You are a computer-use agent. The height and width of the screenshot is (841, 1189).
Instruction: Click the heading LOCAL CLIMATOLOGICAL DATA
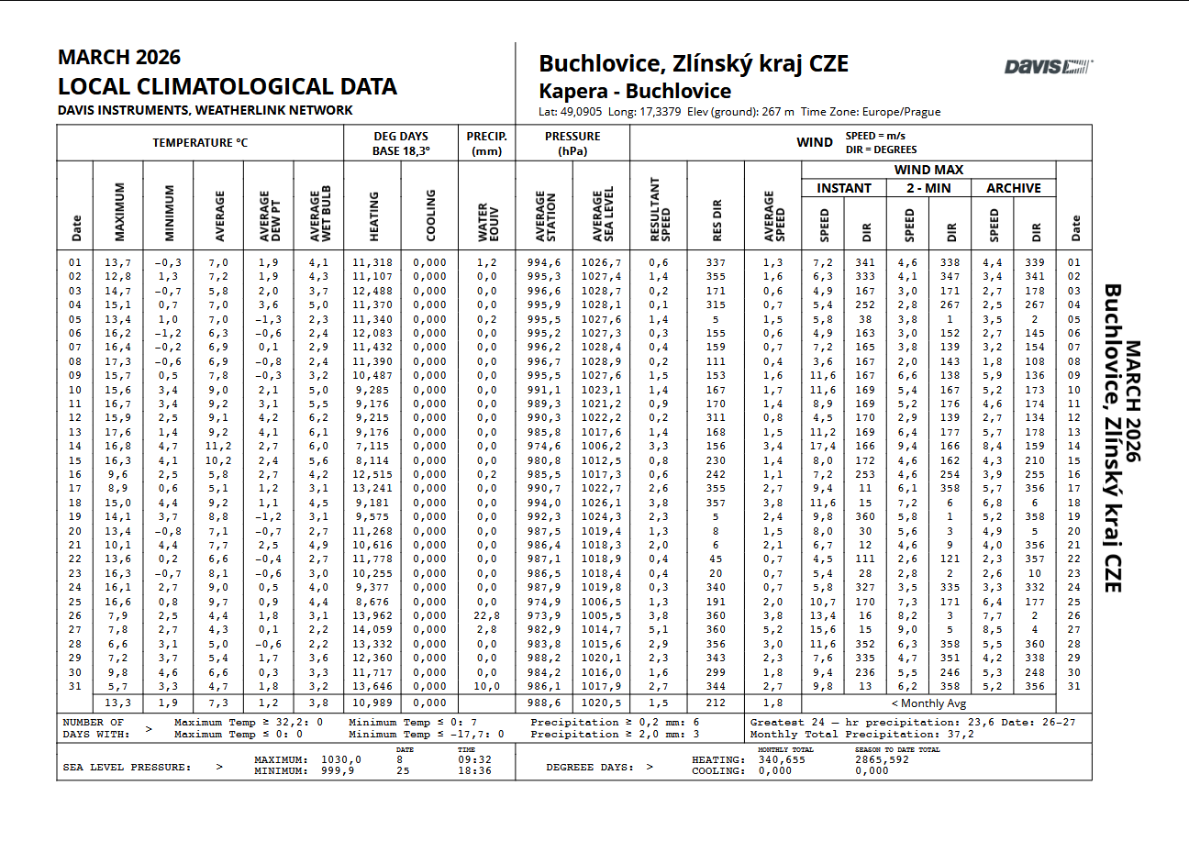[x=227, y=87]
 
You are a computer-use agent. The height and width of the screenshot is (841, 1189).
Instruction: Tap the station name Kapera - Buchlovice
[x=634, y=92]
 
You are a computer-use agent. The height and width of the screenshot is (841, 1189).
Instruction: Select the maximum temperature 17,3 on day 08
[x=117, y=361]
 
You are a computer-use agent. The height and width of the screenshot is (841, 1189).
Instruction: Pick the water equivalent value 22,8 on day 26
[x=485, y=615]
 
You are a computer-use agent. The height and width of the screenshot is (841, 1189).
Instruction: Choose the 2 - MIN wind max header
[x=928, y=188]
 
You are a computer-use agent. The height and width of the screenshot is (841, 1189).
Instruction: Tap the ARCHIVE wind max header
[x=1013, y=188]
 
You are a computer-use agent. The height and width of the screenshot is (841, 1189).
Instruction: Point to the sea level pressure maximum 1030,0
[x=341, y=759]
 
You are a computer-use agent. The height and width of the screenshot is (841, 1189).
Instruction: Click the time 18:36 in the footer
[x=472, y=771]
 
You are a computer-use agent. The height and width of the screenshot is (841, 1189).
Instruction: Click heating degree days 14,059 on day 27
[x=372, y=630]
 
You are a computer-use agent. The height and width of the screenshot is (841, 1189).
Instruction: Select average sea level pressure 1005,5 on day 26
[x=601, y=615]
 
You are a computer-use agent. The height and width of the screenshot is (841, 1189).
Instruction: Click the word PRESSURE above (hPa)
[x=572, y=137]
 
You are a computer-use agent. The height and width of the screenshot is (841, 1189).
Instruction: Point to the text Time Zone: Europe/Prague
[x=871, y=112]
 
